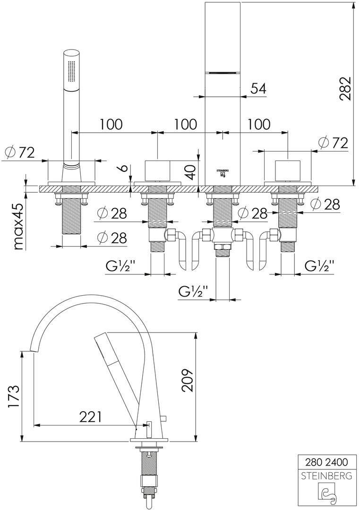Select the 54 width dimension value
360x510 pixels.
tap(257, 88)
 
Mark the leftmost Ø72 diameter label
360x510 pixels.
tap(20, 153)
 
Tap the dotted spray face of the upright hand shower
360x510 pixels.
tap(72, 71)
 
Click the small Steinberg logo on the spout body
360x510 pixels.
tap(222, 173)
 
